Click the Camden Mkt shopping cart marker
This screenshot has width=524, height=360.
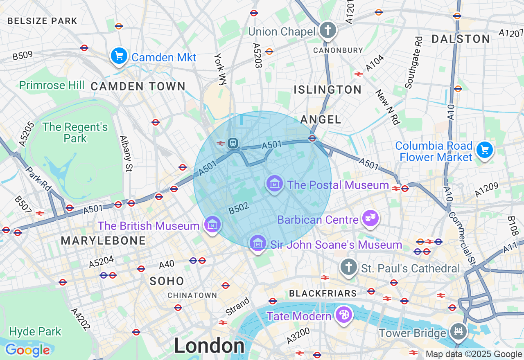(119, 56)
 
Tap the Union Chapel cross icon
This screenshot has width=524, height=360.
(328, 30)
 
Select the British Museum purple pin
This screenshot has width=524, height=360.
(212, 225)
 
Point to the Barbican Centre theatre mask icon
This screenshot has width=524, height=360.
(370, 218)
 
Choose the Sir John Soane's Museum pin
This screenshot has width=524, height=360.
(257, 243)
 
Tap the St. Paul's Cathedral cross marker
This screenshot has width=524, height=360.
(349, 267)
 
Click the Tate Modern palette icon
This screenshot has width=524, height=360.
(343, 315)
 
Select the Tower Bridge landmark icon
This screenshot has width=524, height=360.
(458, 331)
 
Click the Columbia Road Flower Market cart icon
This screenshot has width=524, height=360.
(485, 150)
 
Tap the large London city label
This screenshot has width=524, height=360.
(209, 346)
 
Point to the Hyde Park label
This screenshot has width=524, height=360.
(35, 331)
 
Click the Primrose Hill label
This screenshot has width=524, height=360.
(52, 85)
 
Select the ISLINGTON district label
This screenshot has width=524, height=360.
(327, 90)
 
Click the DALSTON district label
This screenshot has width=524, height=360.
(461, 39)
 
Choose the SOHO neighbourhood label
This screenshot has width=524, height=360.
(167, 281)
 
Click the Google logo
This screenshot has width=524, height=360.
(27, 350)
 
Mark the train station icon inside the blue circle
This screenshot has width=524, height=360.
(233, 143)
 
